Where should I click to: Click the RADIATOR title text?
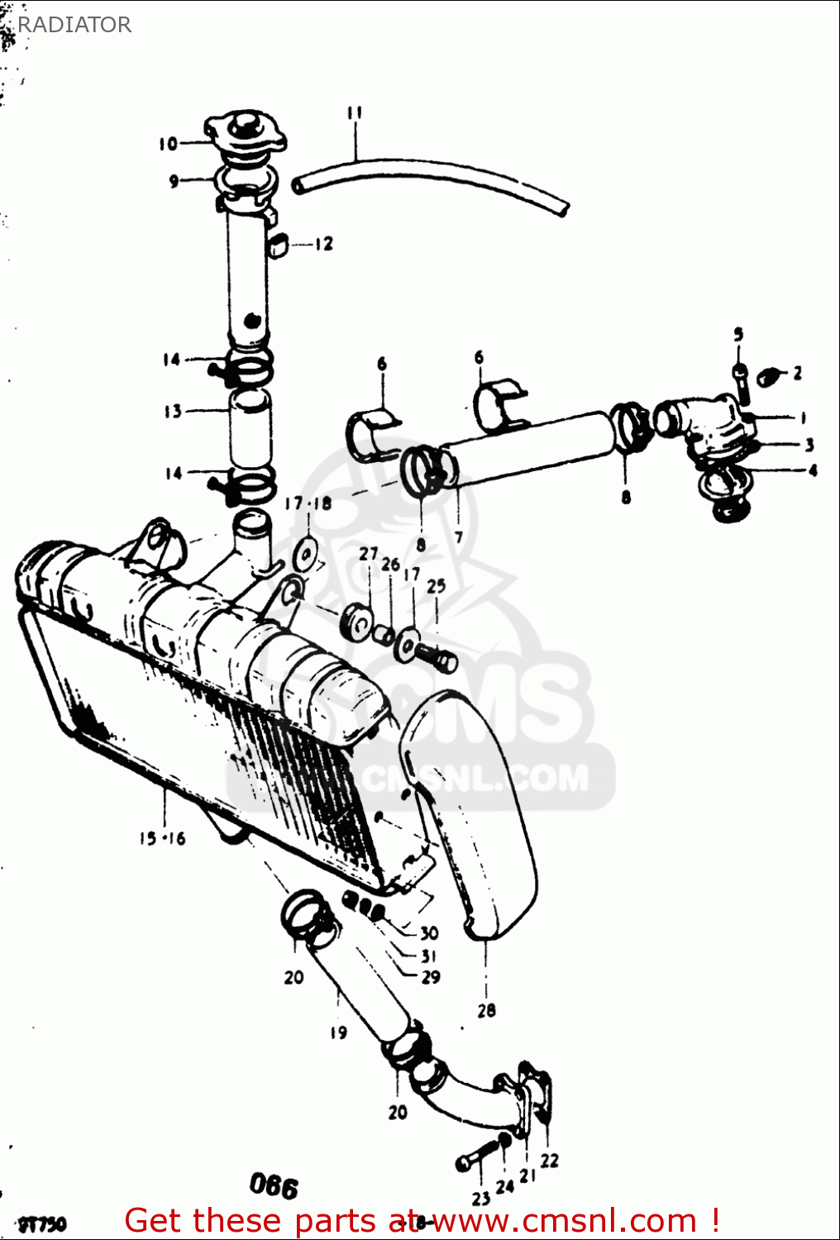(74, 25)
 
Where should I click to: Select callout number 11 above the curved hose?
(355, 113)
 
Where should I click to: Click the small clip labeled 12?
(278, 245)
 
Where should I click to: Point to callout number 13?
(172, 411)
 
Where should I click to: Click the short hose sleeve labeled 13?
(250, 429)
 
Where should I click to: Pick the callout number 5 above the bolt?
(738, 334)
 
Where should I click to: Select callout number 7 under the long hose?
(458, 537)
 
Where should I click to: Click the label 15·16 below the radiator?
(162, 838)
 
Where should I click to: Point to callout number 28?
(486, 1009)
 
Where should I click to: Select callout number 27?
(369, 554)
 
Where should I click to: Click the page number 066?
(274, 1187)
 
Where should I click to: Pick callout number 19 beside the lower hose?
(338, 1032)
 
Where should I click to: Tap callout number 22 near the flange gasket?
(549, 1161)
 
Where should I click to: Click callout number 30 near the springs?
(428, 933)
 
